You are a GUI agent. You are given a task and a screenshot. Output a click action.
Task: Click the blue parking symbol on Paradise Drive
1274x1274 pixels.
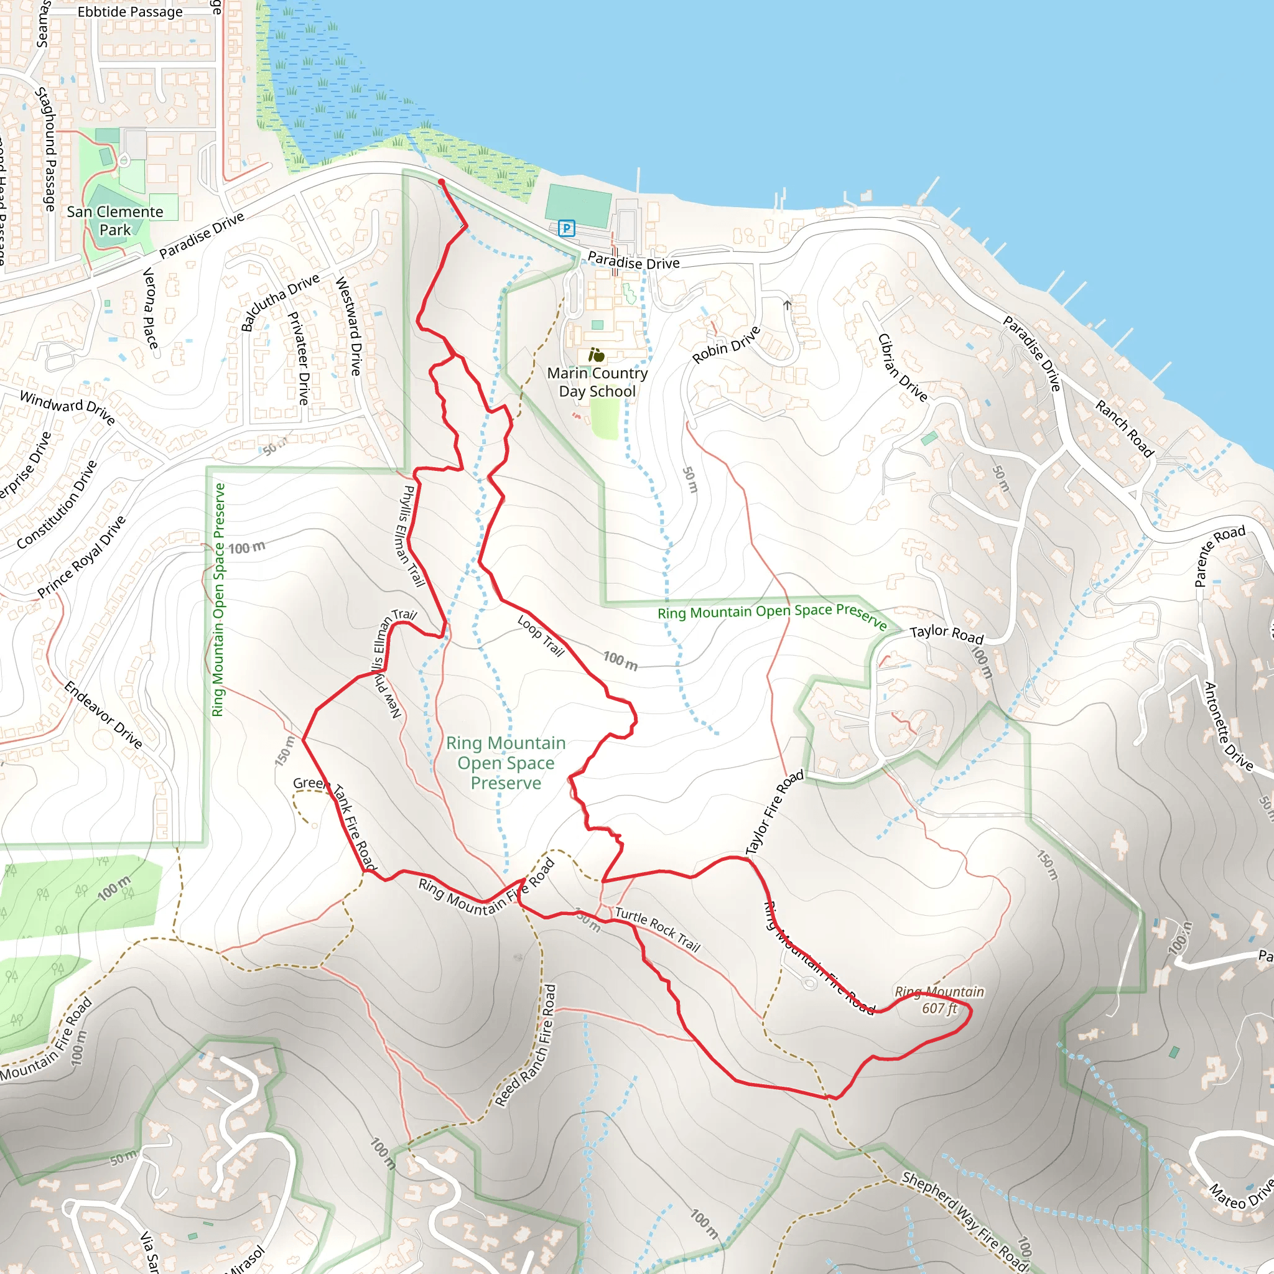click(566, 228)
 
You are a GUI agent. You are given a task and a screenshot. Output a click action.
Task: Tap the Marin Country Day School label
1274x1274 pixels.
click(597, 382)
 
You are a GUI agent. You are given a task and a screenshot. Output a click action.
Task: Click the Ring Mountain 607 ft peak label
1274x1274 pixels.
click(939, 1000)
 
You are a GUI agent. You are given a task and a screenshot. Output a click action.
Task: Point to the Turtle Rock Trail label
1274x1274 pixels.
click(657, 929)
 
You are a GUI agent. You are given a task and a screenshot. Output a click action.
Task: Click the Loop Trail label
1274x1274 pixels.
click(541, 636)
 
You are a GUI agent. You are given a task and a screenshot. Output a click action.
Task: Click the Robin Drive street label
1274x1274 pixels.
click(726, 344)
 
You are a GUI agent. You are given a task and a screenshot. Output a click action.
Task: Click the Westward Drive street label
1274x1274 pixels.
click(348, 326)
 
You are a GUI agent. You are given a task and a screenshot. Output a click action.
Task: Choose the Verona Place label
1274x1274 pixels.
click(150, 308)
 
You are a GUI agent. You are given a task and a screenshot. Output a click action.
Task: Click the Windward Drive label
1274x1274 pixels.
click(67, 407)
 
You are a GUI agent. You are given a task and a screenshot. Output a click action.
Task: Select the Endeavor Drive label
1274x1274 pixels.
click(103, 715)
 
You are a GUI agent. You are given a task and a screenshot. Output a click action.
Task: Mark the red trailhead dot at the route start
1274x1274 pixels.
click(441, 182)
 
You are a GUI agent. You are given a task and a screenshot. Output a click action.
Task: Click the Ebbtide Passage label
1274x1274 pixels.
click(130, 12)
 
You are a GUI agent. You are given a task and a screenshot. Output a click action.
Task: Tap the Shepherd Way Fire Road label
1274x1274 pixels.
click(965, 1219)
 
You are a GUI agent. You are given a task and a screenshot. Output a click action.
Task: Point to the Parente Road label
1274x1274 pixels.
click(1219, 556)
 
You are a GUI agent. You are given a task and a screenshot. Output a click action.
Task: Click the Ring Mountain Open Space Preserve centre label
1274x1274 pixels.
click(506, 762)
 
